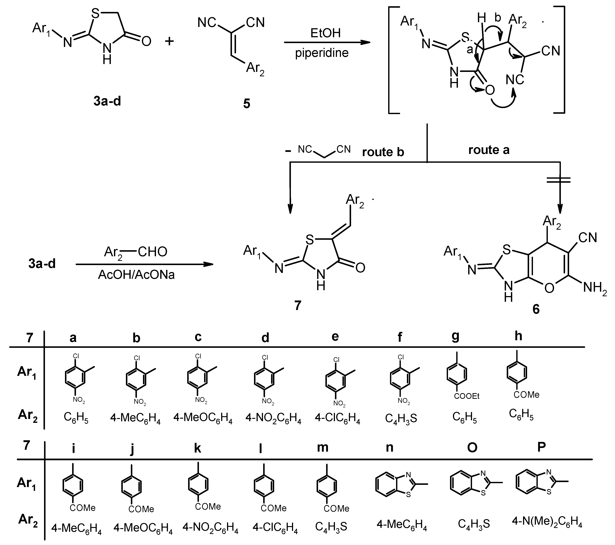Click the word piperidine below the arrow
click(322, 53)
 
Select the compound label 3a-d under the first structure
click(107, 101)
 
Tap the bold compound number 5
click(247, 104)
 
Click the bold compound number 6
click(536, 309)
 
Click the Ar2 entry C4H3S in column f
click(401, 418)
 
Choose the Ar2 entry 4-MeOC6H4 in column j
click(143, 528)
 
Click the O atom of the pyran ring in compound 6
click(549, 288)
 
